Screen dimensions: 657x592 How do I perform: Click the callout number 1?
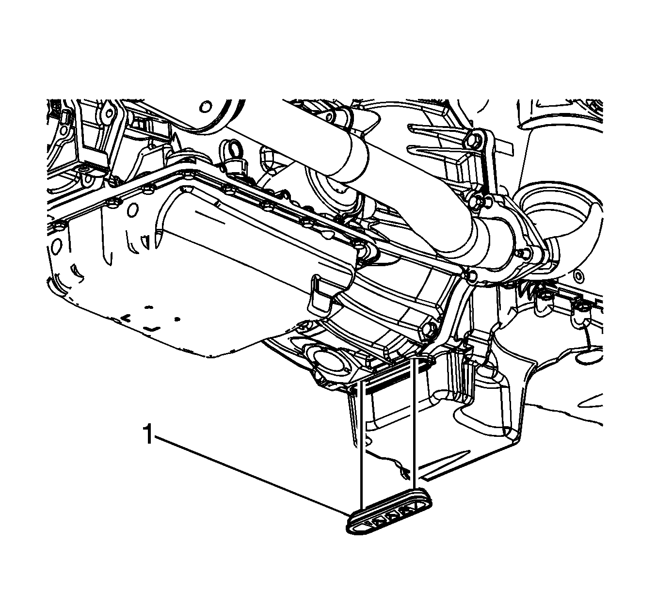[x=149, y=434]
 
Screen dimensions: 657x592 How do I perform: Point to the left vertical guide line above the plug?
[x=362, y=445]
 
